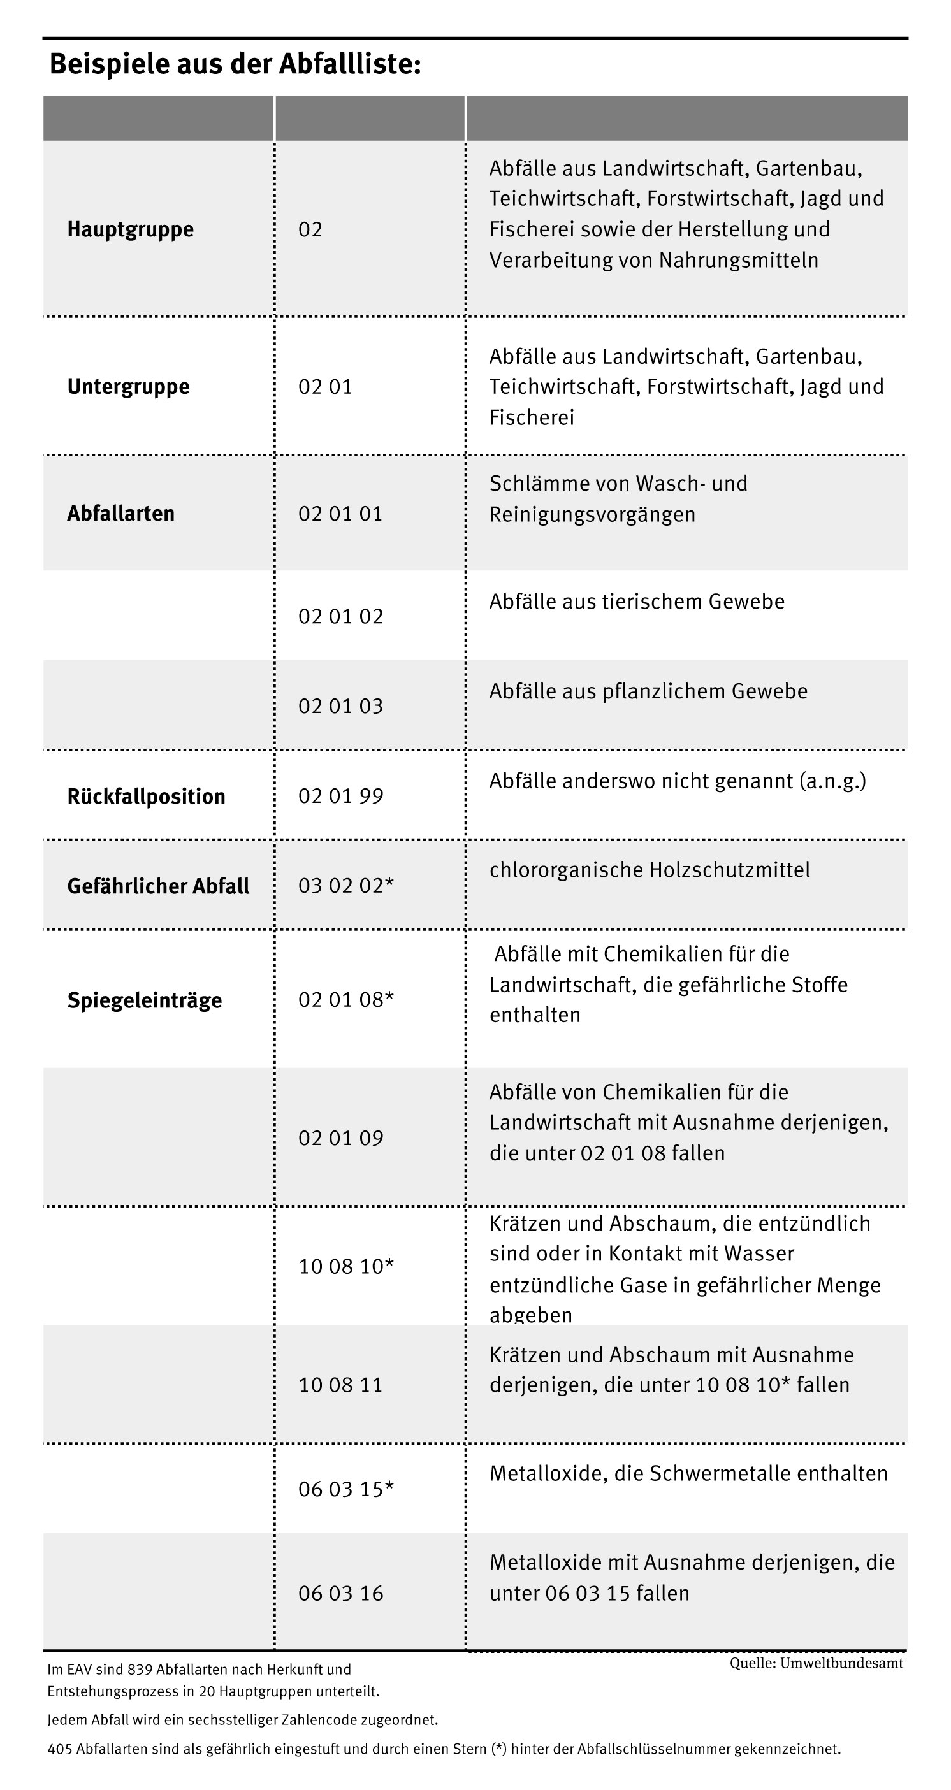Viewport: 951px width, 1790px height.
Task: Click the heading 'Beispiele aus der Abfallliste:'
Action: [x=235, y=64]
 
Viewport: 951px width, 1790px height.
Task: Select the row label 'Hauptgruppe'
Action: [x=130, y=229]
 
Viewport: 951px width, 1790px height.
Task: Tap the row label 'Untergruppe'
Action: [x=128, y=386]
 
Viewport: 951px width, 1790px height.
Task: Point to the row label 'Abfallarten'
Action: [x=120, y=514]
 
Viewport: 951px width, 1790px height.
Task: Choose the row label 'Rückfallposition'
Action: [x=146, y=796]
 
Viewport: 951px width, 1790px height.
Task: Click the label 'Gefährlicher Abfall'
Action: [x=158, y=886]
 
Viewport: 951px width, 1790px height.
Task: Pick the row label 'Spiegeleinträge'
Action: [x=144, y=1000]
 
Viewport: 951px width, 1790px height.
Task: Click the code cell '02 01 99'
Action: [x=340, y=796]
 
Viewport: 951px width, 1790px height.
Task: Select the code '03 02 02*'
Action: [x=345, y=886]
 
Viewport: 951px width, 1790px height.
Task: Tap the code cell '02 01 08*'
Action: [x=345, y=1000]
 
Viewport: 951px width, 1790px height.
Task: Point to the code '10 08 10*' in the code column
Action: [x=345, y=1266]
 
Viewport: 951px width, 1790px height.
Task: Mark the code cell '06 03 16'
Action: [x=340, y=1593]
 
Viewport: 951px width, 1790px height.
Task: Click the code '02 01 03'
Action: [x=340, y=706]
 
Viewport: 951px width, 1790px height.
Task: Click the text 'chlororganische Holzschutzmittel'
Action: [x=650, y=870]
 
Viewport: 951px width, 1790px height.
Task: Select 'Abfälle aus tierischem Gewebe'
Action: [x=637, y=602]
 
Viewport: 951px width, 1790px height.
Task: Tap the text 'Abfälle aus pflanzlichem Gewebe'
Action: [x=648, y=691]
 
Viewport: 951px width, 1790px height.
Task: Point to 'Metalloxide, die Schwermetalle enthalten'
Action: [x=688, y=1473]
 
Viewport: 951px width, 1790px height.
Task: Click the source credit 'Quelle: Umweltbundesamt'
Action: [x=816, y=1663]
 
